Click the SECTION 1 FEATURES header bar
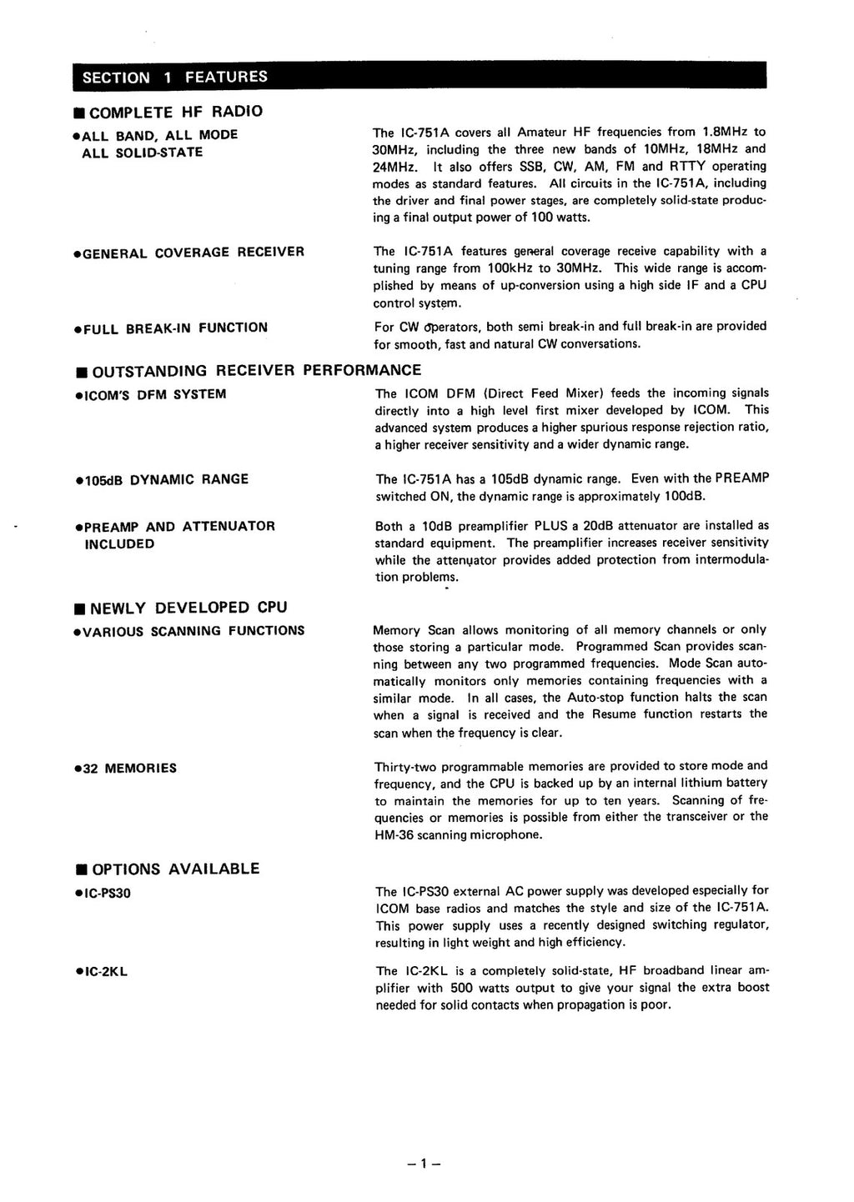point(419,77)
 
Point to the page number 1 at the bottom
point(424,1164)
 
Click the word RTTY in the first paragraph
point(686,167)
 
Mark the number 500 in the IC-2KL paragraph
point(463,988)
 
